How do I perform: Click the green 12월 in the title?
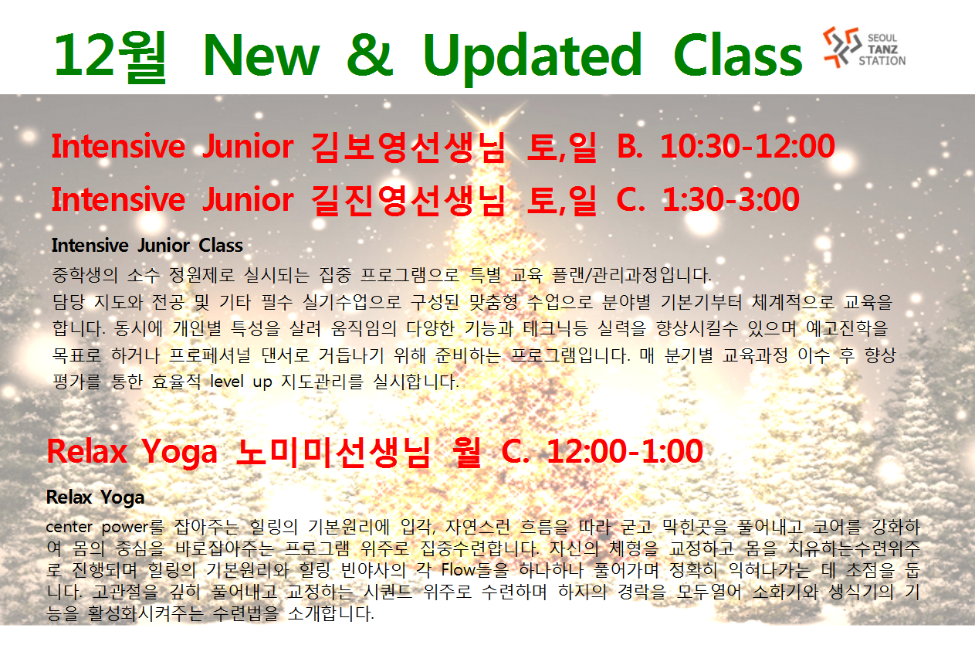pos(110,56)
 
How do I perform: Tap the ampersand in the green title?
pos(370,55)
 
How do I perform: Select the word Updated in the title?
pos(533,58)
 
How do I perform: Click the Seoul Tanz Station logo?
pos(864,47)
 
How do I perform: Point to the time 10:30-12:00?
pos(747,146)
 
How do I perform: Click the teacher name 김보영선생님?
pos(408,148)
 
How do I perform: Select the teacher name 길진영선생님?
pos(408,200)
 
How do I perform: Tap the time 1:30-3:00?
pos(731,199)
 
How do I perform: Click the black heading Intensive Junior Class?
pos(147,246)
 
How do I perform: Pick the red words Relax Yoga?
pos(132,452)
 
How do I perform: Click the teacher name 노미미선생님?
pos(333,453)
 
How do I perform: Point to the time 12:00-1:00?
pos(625,451)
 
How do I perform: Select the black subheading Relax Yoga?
pos(95,498)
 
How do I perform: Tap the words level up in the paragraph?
pos(241,382)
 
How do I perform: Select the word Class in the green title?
pos(738,55)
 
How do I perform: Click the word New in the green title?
pos(261,55)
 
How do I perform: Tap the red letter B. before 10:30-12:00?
pos(630,146)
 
